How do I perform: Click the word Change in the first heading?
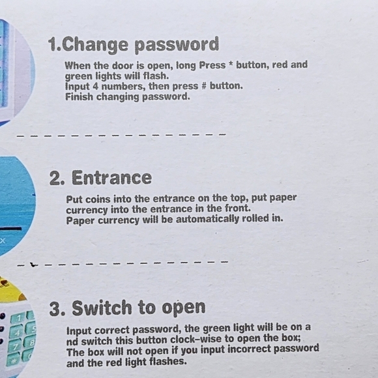coord(95,45)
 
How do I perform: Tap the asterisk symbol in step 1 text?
coord(231,64)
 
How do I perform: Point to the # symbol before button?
coord(204,86)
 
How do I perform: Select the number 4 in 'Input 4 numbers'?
coord(95,86)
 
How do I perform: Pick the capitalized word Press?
coord(212,65)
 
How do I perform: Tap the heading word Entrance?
coord(111,178)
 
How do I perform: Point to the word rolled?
coord(255,218)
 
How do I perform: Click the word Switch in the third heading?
coord(102,308)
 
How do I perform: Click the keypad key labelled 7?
coord(14,347)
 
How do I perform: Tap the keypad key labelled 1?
coord(18,319)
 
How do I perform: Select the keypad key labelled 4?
coord(16,332)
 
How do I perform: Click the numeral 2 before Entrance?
coord(55,178)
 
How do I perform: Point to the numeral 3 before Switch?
coord(55,309)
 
